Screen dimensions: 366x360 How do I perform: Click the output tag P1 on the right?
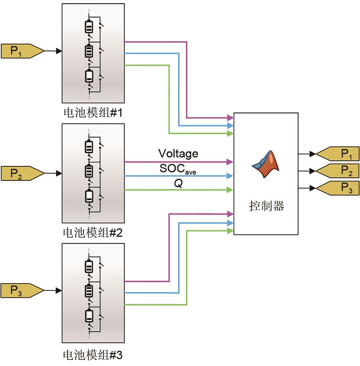tap(339, 154)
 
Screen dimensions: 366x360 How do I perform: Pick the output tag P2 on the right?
tap(339, 171)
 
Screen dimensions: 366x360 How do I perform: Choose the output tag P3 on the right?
tap(339, 188)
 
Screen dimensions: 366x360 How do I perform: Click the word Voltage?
tap(178, 154)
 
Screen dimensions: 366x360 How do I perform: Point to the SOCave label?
tap(178, 169)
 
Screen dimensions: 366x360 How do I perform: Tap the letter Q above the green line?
tap(178, 183)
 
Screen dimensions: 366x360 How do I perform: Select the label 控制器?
tap(266, 206)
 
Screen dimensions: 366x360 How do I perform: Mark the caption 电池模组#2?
tap(93, 233)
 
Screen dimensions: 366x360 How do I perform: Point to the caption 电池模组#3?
tap(93, 355)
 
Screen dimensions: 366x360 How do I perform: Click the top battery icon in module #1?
tap(89, 27)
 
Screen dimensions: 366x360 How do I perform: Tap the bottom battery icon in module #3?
tap(89, 316)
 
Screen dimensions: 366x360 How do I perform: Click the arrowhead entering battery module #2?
tap(59, 173)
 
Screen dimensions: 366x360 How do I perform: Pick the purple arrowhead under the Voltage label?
tap(230, 162)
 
